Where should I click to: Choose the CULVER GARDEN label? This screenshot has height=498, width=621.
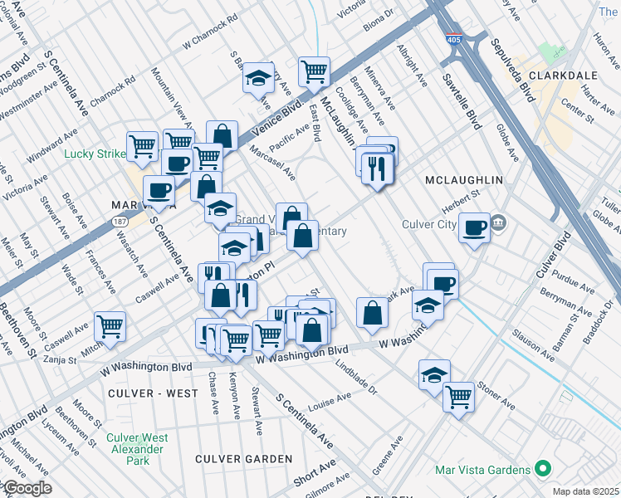[x=243, y=458]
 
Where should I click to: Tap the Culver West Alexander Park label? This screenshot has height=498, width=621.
[x=137, y=444]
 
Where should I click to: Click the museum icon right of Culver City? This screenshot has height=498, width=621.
[x=498, y=222]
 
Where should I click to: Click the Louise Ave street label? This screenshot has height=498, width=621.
[x=330, y=402]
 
